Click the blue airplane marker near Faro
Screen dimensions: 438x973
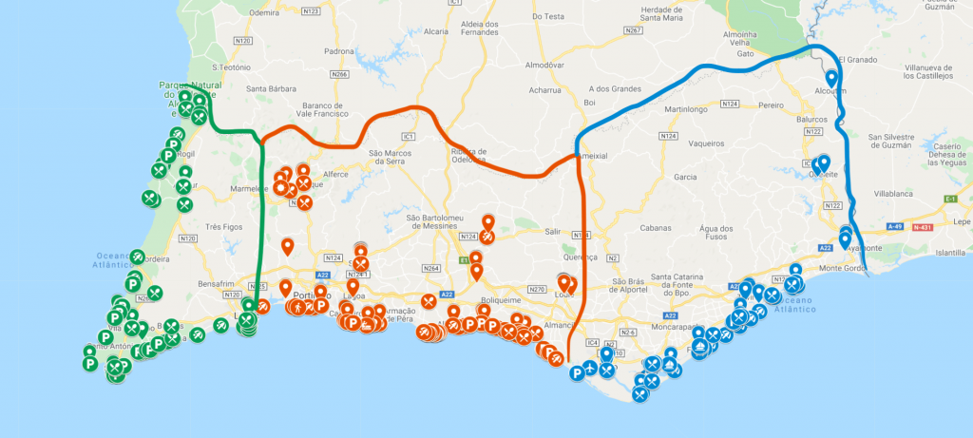[x=590, y=368]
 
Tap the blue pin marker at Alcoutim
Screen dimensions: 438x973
[x=831, y=78]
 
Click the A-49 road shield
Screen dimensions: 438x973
[x=894, y=228]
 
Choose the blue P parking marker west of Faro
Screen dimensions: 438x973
[x=576, y=373]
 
